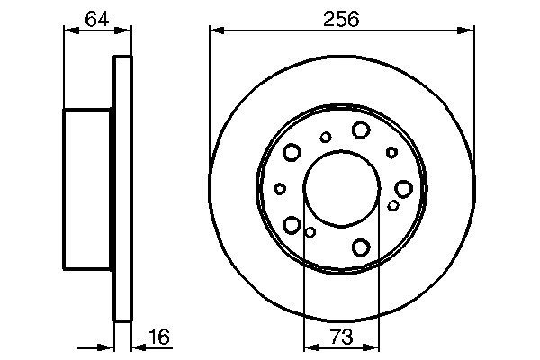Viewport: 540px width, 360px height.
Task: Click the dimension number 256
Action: (342, 18)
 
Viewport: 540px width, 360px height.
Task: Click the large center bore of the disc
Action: (341, 188)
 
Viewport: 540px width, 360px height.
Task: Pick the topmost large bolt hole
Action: (360, 130)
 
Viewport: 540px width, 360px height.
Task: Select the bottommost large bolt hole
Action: (362, 247)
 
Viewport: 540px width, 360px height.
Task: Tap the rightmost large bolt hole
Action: (403, 188)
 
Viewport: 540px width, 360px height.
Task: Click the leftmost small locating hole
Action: (280, 188)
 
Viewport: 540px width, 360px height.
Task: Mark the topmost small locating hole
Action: (326, 137)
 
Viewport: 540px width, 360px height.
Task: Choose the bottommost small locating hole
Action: (310, 233)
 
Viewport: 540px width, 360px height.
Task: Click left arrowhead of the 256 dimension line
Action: (215, 31)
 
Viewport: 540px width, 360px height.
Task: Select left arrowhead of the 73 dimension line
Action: (309, 346)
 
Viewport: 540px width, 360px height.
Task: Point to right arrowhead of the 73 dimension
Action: (373, 346)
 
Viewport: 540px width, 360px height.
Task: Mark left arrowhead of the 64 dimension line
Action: (68, 31)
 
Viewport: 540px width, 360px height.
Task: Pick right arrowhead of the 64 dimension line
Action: (126, 31)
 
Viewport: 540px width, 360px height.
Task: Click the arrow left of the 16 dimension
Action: (108, 346)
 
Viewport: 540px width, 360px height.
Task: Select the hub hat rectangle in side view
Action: (87, 188)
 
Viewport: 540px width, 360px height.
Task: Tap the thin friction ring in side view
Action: (122, 188)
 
